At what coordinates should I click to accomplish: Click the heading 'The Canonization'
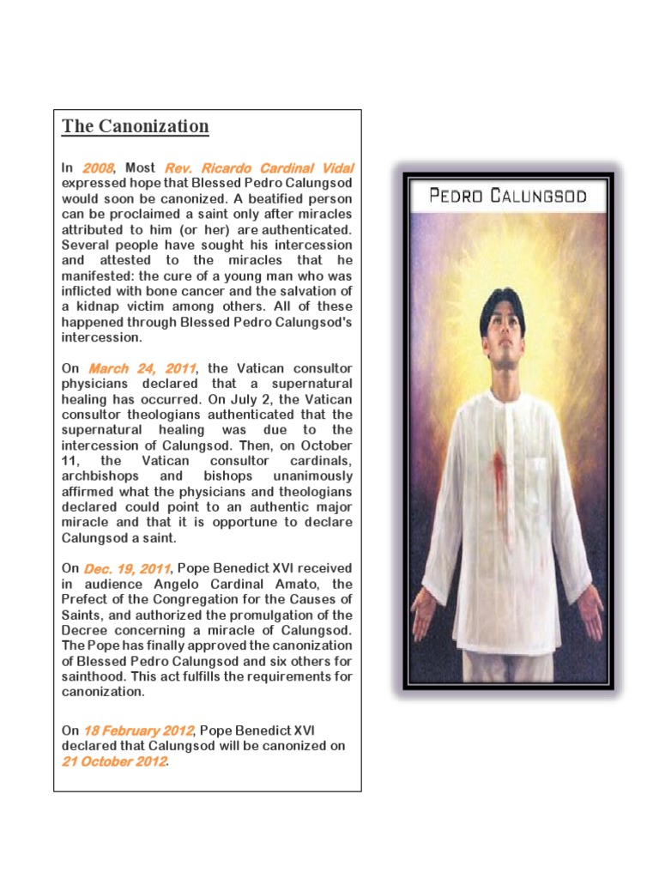pos(135,126)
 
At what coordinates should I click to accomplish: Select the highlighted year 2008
pos(99,167)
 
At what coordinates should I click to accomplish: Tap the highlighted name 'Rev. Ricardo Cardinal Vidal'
pos(258,167)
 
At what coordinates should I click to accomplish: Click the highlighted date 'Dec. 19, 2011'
pos(128,568)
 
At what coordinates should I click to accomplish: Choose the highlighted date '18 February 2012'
pos(138,730)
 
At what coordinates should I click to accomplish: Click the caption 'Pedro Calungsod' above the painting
pos(508,196)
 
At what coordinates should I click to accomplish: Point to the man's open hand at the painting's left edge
pos(424,611)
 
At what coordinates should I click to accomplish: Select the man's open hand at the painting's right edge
pos(589,611)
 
